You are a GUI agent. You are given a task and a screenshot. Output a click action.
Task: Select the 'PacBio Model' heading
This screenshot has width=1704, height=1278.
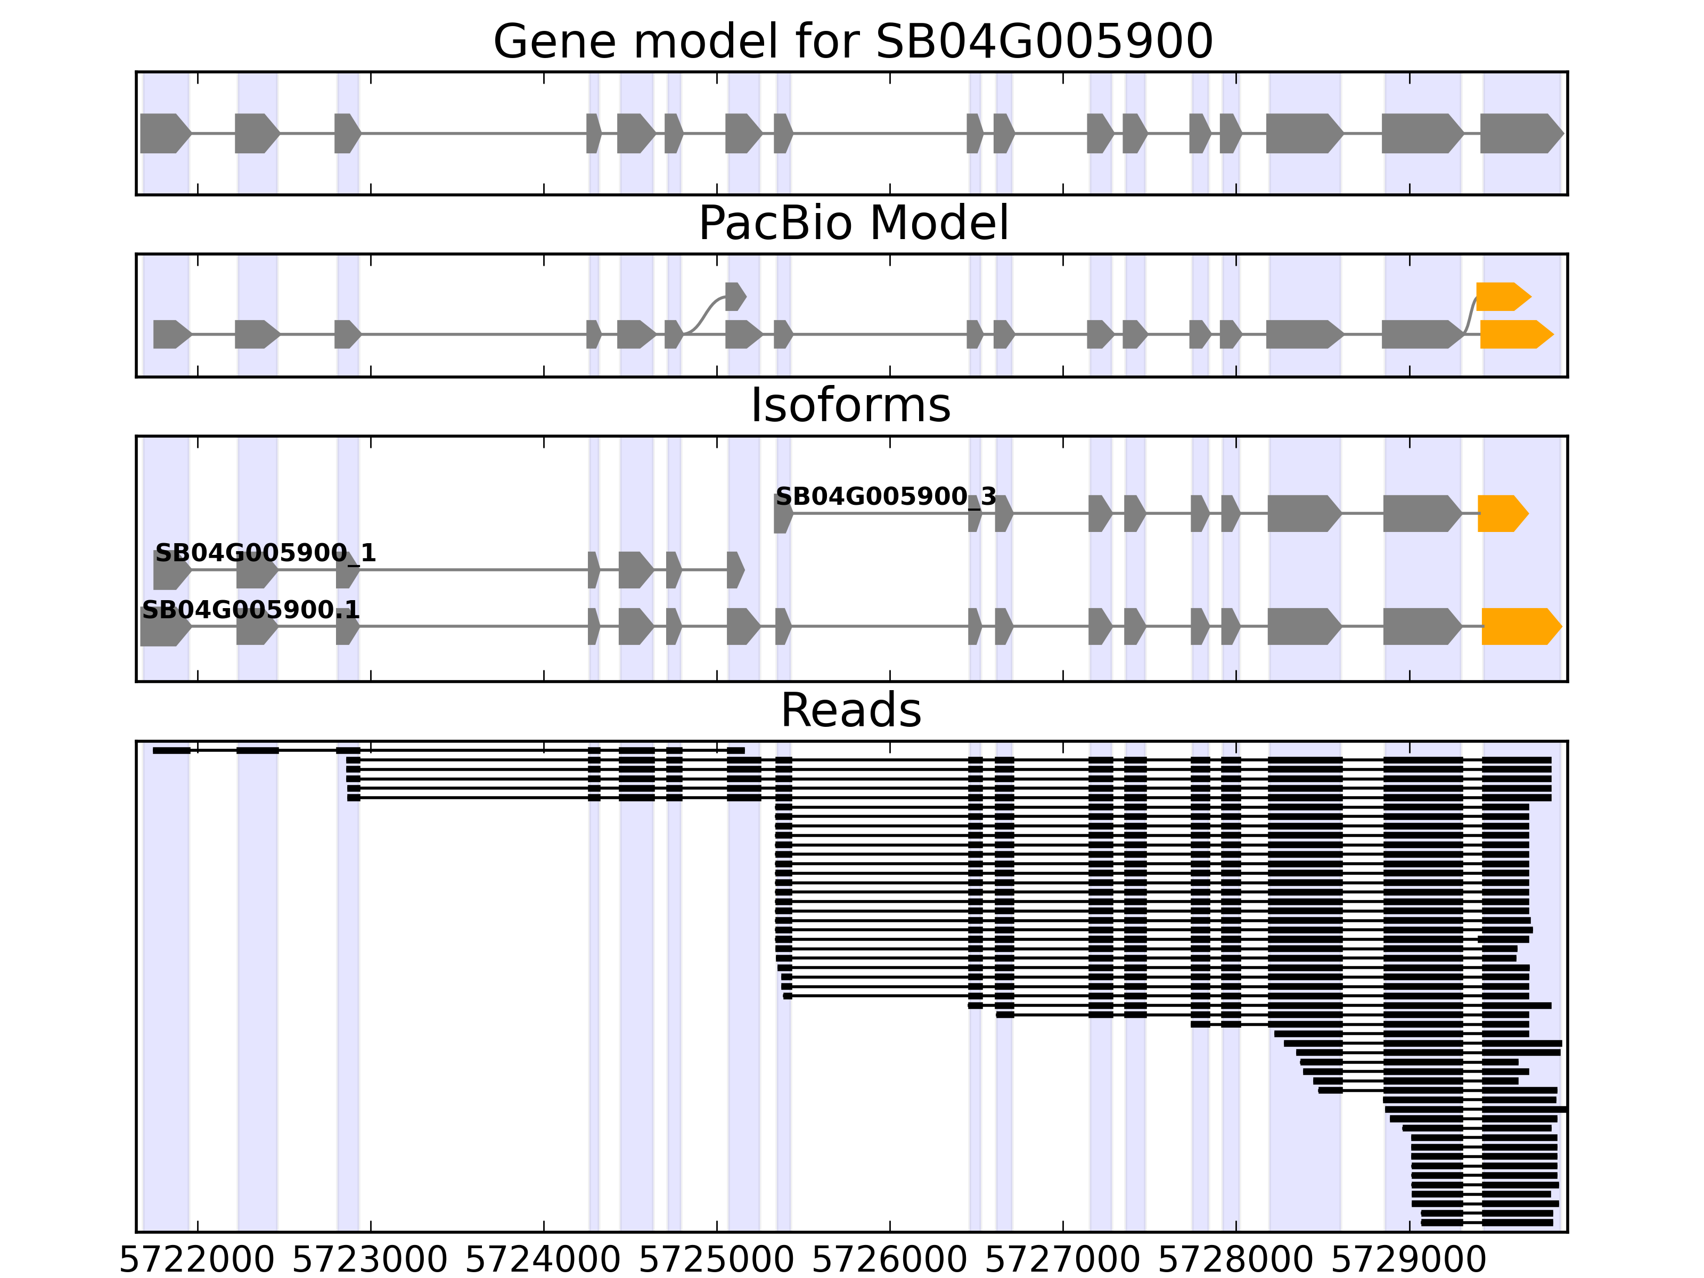852,224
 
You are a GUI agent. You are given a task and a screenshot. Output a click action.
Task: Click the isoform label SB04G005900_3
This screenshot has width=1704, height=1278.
885,497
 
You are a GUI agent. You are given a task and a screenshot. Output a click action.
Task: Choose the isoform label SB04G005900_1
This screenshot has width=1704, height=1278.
266,553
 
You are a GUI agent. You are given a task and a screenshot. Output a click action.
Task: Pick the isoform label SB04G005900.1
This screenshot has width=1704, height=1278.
250,610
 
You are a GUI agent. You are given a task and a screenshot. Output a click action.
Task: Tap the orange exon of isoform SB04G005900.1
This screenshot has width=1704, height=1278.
1520,626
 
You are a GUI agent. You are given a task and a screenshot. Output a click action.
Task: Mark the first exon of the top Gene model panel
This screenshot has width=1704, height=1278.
164,133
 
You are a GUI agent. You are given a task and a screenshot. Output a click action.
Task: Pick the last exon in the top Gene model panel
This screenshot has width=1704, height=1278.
1520,133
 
